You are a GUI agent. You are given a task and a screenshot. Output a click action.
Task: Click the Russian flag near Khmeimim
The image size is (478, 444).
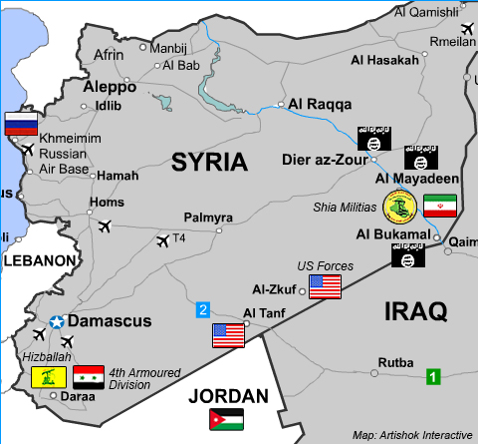[x=19, y=124]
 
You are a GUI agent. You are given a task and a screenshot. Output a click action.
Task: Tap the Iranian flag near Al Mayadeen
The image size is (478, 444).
[x=439, y=207]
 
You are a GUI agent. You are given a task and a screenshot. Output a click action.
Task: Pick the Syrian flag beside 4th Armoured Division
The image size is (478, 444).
[x=88, y=376]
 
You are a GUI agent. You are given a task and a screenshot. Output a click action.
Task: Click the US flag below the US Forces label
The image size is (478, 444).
[x=325, y=286]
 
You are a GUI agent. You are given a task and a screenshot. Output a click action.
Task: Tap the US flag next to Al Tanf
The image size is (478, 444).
[x=229, y=335]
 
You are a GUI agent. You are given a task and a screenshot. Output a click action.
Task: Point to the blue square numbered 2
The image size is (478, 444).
[x=203, y=309]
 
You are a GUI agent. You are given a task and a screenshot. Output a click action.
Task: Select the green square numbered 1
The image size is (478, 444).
[x=433, y=376]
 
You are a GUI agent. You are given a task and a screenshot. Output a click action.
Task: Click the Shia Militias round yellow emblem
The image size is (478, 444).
[x=397, y=208]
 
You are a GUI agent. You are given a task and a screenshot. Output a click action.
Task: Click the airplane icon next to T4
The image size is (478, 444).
[x=162, y=240]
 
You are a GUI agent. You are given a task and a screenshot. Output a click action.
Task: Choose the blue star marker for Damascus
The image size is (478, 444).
[x=57, y=321]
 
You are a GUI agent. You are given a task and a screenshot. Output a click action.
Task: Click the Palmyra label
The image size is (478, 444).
[x=209, y=218]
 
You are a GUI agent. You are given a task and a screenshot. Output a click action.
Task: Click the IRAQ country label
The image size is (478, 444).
[x=415, y=311]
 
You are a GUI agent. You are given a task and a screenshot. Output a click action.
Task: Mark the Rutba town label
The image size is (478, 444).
[x=395, y=362]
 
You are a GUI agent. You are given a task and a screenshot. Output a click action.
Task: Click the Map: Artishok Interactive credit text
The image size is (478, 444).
[x=410, y=435]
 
